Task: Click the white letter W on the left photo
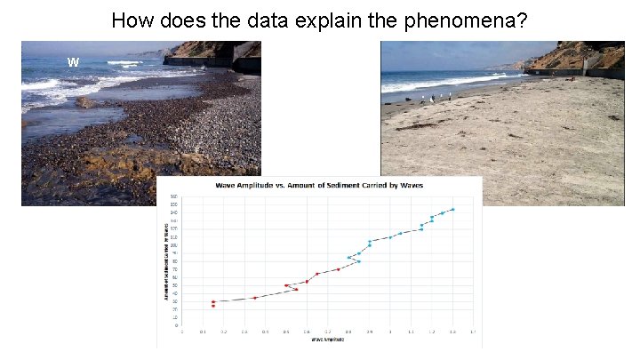coord(73,61)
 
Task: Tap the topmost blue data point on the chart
coord(452,209)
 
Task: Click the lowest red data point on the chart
coord(213,306)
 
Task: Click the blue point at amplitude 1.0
coord(390,237)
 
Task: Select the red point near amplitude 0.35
coord(255,297)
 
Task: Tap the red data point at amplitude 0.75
coord(338,268)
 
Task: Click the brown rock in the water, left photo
coord(85,102)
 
